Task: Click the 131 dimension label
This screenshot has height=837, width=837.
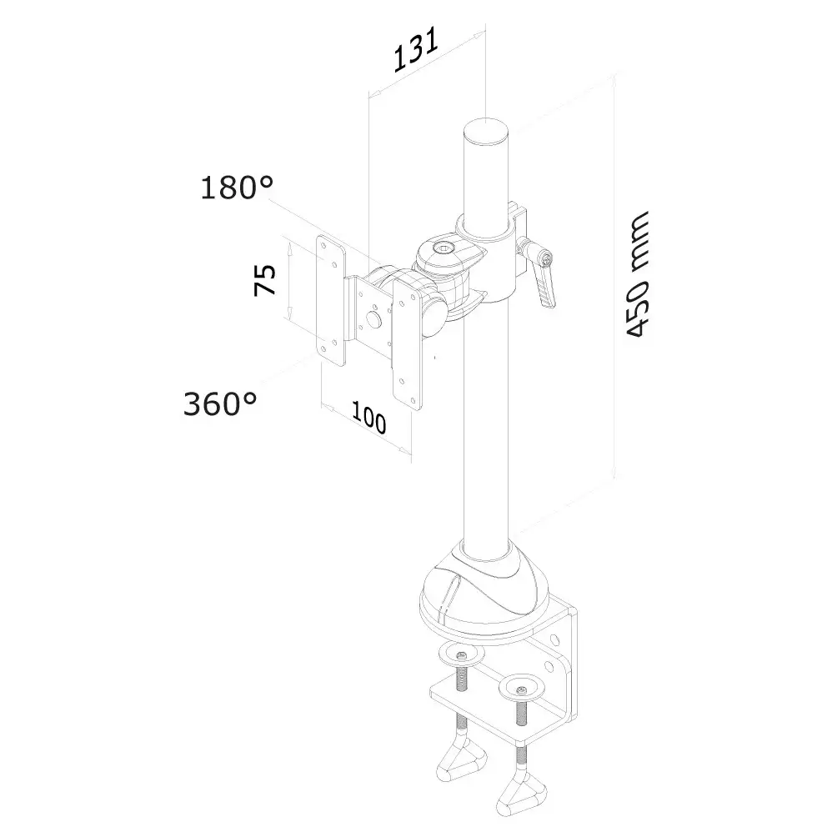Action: point(416,50)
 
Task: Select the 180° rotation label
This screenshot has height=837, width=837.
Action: point(237,188)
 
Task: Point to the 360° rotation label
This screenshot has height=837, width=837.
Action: point(220,403)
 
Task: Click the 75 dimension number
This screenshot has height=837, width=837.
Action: point(265,280)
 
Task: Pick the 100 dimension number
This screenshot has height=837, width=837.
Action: point(368,417)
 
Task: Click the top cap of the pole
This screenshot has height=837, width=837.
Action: point(486,131)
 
